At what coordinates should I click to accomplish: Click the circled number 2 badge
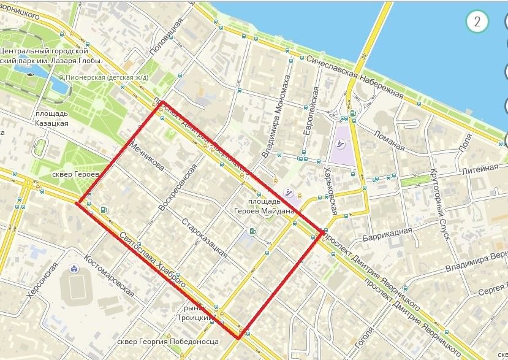[477, 22]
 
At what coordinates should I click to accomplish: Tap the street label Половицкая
[167, 38]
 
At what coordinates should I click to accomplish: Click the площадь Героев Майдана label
[271, 206]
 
